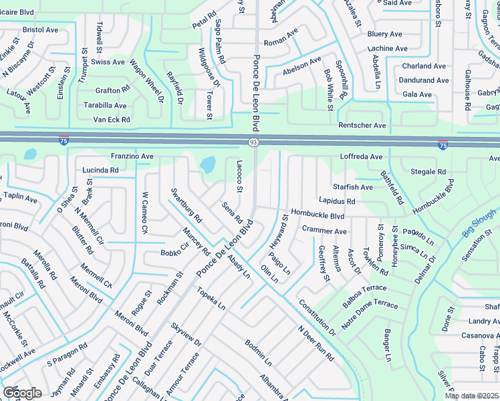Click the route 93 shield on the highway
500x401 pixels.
pyautogui.click(x=253, y=142)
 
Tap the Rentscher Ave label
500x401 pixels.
pyautogui.click(x=362, y=125)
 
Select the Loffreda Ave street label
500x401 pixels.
pyautogui.click(x=361, y=156)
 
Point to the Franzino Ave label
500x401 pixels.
pyautogui.click(x=132, y=156)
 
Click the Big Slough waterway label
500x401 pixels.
pyautogui.click(x=479, y=223)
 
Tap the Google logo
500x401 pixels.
pyautogui.click(x=22, y=393)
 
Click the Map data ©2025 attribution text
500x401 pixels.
pyautogui.click(x=471, y=396)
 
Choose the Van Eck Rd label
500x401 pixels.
pyautogui.click(x=111, y=119)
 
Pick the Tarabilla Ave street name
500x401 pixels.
pyautogui.click(x=105, y=105)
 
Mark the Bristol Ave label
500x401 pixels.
pyautogui.click(x=40, y=30)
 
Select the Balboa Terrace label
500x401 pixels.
pyautogui.click(x=364, y=288)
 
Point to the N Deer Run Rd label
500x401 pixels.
pyautogui.click(x=316, y=344)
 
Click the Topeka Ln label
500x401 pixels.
pyautogui.click(x=211, y=298)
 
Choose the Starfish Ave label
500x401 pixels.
pyautogui.click(x=353, y=187)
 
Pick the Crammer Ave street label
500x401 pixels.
pyautogui.click(x=324, y=231)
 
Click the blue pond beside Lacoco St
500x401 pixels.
pyautogui.click(x=208, y=164)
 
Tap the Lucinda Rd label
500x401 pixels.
pyautogui.click(x=100, y=170)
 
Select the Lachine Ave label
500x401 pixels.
pyautogui.click(x=387, y=49)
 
